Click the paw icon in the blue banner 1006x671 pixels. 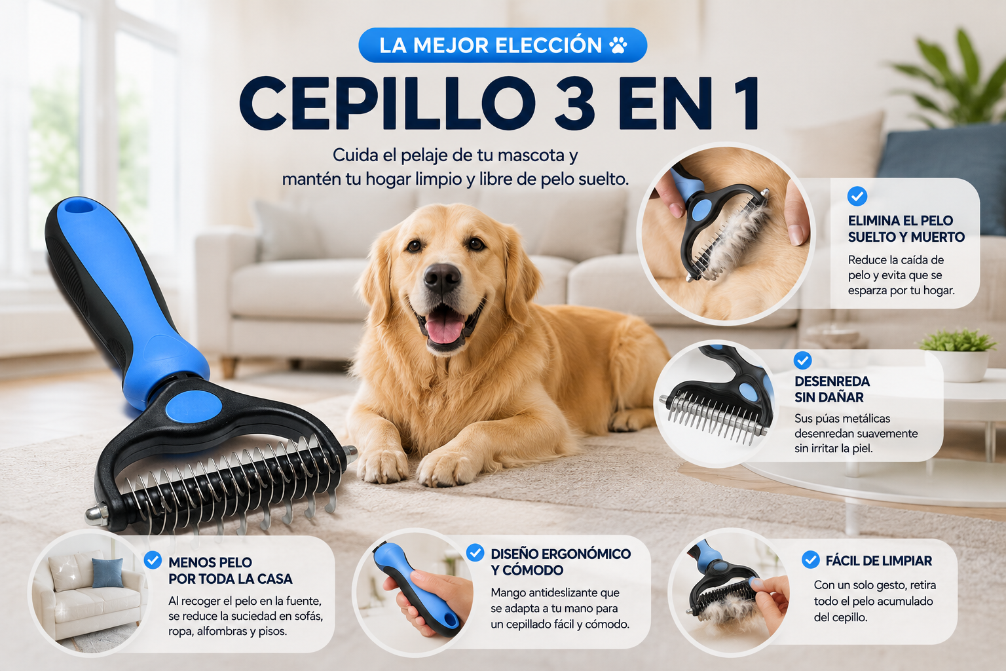point(618,45)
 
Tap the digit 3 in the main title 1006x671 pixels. point(575,104)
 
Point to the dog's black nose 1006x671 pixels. point(442,277)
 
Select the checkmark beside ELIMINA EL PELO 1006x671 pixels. point(857,197)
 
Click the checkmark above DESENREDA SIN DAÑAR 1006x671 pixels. point(802,360)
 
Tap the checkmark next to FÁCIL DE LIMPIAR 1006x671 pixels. point(810,560)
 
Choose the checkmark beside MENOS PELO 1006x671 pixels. point(153,560)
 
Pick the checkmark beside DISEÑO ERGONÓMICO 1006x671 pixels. point(475,552)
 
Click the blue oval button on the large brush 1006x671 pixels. point(194,406)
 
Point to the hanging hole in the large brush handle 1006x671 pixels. point(79,206)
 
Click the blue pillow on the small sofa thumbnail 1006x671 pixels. point(107,573)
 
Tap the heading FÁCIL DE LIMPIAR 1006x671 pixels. point(878,561)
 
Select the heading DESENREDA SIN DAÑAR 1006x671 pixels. point(832,389)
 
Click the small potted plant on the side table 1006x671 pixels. point(958,355)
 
